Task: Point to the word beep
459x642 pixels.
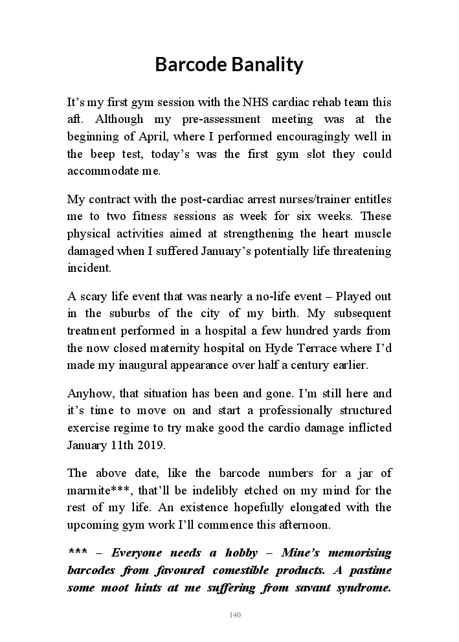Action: [x=101, y=154]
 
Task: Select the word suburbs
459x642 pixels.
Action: [x=131, y=313]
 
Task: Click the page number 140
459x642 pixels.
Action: [x=234, y=615]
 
